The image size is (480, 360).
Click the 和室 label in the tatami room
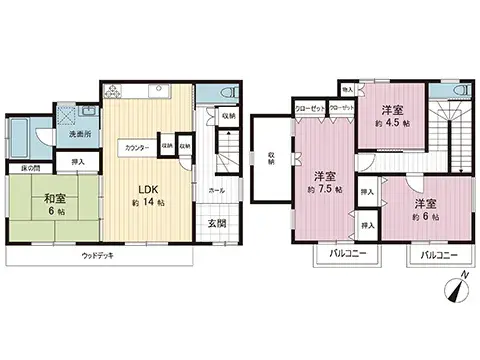(x=41, y=197)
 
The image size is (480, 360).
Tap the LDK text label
(x=147, y=188)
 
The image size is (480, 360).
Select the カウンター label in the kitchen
(x=137, y=148)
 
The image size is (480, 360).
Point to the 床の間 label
(x=24, y=167)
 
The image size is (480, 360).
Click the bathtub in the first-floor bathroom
(x=22, y=131)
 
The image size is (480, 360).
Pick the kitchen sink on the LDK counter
(x=160, y=93)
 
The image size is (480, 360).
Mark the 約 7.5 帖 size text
(x=324, y=188)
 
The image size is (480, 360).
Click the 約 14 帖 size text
(x=147, y=204)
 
